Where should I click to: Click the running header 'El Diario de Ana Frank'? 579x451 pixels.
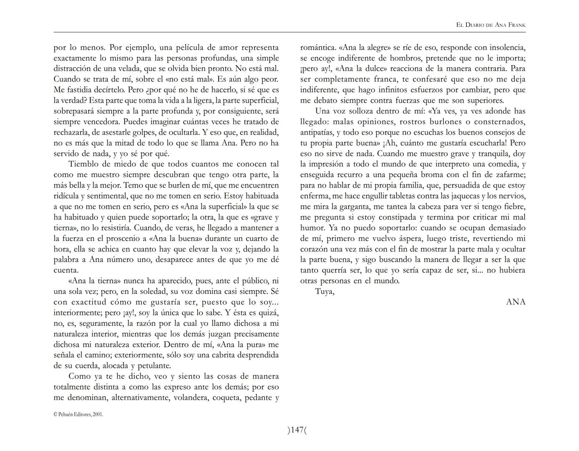tap(491, 25)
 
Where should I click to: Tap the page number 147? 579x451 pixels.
tap(297, 430)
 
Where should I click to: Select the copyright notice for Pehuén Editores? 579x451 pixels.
tap(78, 415)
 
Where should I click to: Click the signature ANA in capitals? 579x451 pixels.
tap(516, 302)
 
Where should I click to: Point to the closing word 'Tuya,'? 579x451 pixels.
tap(325, 291)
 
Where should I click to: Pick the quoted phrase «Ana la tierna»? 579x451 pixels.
tap(94, 281)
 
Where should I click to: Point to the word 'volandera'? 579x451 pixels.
tap(191, 398)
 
